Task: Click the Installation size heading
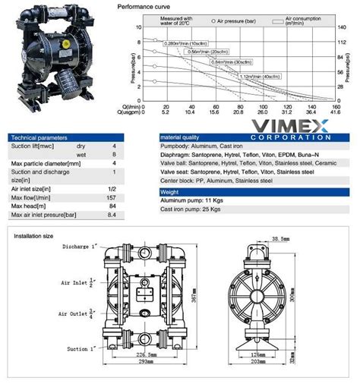(x=33, y=236)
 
